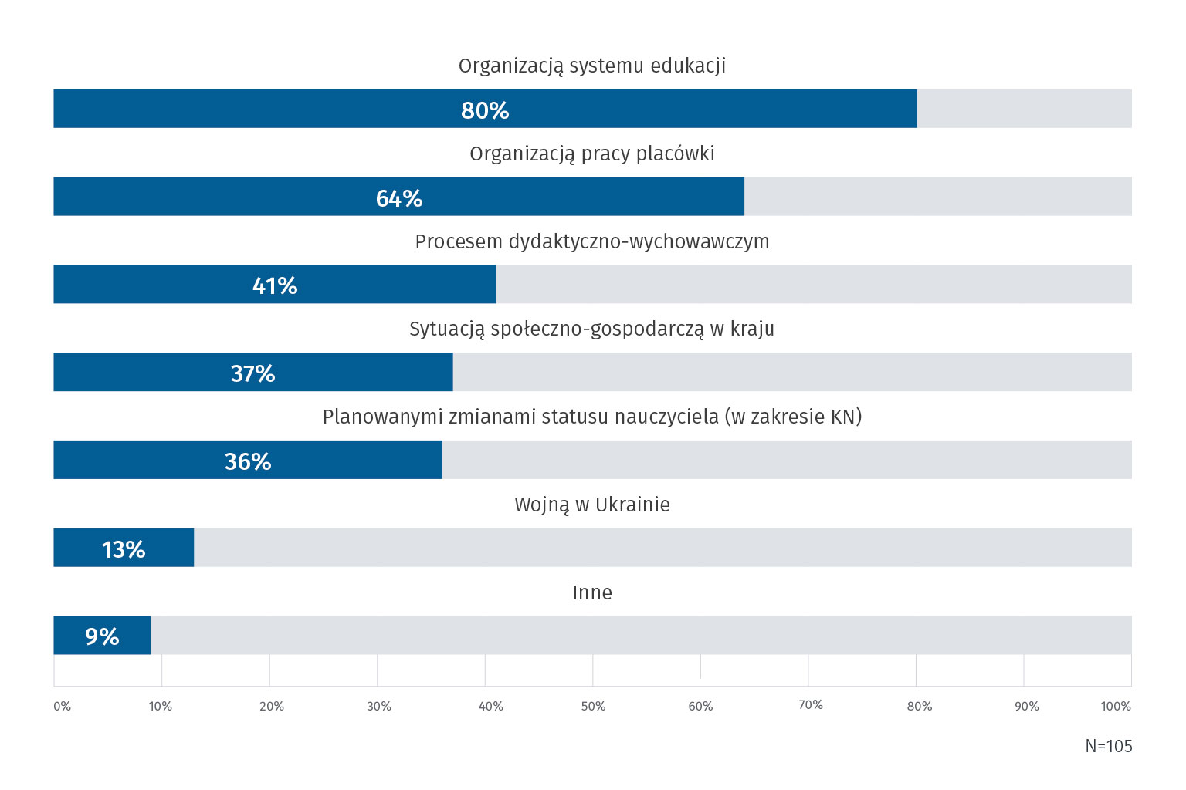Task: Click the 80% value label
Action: coord(485,110)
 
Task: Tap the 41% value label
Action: coord(275,285)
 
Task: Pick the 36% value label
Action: coord(248,461)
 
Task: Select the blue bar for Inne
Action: coord(131,635)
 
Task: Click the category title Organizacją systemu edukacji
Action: coord(592,66)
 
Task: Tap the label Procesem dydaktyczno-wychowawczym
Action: coord(592,241)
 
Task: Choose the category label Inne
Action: coord(592,592)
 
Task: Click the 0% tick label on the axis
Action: coord(62,706)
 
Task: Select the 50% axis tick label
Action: coord(593,706)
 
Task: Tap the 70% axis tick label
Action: coord(810,705)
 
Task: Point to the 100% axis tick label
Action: coord(1116,706)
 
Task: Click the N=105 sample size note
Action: coord(1109,746)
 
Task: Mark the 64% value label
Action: coord(399,198)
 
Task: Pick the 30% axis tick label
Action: coord(378,706)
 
